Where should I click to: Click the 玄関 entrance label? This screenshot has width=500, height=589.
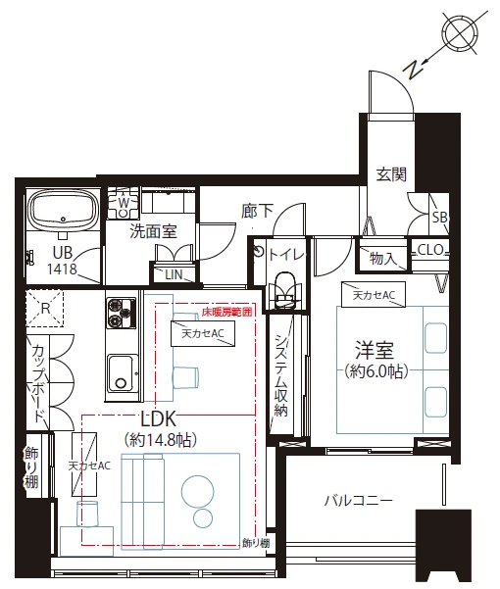391,174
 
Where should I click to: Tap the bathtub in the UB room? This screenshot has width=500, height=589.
64,211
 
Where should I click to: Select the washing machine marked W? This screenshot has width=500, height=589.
124,204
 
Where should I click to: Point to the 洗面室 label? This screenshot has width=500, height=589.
153,231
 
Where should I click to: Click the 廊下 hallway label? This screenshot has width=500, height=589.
257,211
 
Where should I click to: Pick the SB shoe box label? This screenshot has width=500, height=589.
439,218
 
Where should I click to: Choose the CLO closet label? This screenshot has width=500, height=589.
430,250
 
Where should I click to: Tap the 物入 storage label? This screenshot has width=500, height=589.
382,258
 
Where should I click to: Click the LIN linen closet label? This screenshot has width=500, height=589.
174,274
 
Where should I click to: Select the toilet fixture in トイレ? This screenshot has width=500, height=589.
285,290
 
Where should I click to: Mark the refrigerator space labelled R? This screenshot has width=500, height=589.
45,309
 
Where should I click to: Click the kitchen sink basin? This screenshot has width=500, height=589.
121,373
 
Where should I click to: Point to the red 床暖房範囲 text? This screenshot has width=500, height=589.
226,312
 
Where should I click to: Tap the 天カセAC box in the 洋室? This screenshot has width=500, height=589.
374,295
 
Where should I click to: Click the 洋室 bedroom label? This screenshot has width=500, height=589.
375,350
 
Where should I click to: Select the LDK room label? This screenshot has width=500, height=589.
158,418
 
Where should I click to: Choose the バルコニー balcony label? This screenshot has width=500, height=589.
358,501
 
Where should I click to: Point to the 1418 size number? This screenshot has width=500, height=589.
62,269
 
